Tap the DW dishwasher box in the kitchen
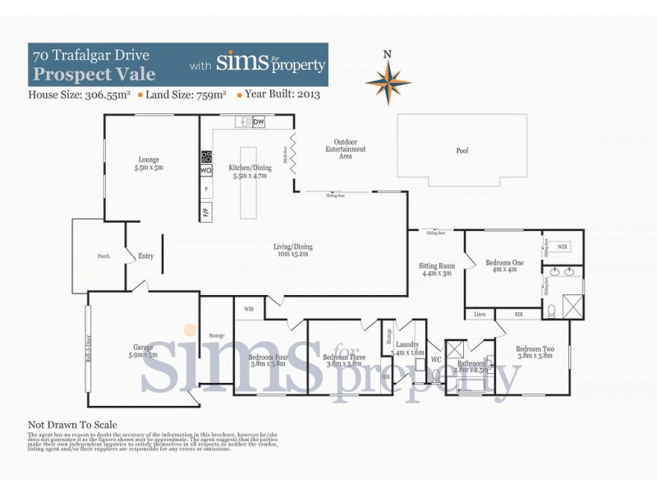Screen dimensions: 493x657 click(x=259, y=122)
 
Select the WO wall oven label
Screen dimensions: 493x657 click(x=205, y=170)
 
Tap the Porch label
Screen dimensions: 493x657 click(x=103, y=256)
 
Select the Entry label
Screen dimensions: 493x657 click(x=146, y=256)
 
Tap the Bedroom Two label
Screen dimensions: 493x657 click(x=535, y=349)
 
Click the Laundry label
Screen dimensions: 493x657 click(x=407, y=345)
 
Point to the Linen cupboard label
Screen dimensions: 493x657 click(x=479, y=315)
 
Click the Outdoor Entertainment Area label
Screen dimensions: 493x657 click(x=345, y=148)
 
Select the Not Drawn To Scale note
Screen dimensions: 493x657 click(x=72, y=425)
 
